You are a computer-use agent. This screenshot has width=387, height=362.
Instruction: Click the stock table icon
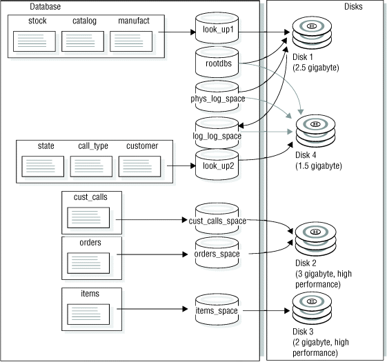tap(34, 41)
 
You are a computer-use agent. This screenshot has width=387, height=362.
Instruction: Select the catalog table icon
tap(83, 41)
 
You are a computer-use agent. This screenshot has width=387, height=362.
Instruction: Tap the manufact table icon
tap(131, 41)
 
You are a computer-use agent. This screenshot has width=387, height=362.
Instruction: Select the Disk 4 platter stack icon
tap(315, 130)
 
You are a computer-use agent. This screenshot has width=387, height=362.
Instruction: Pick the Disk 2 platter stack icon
tap(314, 238)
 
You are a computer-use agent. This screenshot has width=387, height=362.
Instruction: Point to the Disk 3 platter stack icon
tap(312, 309)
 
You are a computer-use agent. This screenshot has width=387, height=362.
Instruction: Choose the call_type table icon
tap(91, 166)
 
